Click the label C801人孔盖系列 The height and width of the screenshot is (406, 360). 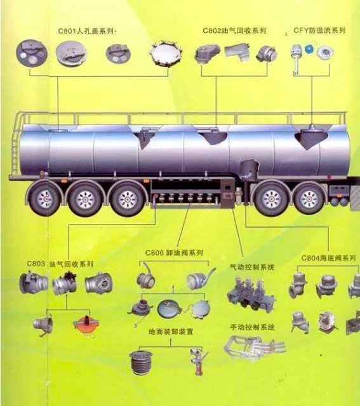click(x=86, y=31)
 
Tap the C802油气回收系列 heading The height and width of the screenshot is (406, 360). click(x=234, y=30)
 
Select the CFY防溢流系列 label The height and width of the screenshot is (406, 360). click(x=319, y=30)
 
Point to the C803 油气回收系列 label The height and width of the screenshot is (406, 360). click(x=60, y=264)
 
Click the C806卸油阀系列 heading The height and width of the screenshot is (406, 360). click(x=174, y=252)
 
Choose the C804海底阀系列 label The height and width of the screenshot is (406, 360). click(x=328, y=258)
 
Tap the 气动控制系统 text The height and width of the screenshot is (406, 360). click(x=252, y=267)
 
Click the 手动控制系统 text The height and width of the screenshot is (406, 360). click(x=252, y=327)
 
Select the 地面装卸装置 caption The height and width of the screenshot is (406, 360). click(x=171, y=332)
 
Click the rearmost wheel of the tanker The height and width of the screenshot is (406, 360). click(x=44, y=199)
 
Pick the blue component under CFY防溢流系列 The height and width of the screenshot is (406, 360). click(x=309, y=49)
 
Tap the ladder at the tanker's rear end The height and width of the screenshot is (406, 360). click(x=16, y=145)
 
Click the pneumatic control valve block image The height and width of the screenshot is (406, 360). click(x=251, y=293)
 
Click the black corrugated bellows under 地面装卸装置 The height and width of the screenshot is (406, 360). click(x=141, y=362)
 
